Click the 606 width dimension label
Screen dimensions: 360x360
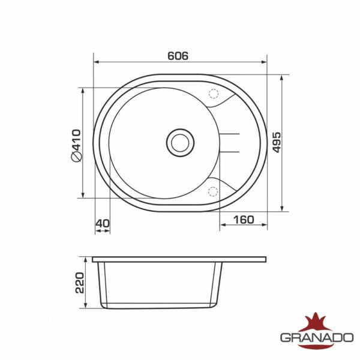[178, 56]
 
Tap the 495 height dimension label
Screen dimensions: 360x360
[277, 142]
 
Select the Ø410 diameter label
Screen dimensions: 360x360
[76, 146]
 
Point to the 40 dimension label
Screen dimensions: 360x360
[103, 223]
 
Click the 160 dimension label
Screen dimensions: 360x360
[244, 220]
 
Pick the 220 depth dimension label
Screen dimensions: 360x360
[80, 283]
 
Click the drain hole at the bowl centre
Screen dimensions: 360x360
[180, 143]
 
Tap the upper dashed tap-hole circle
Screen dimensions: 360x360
[213, 94]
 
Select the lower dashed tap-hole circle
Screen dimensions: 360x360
[213, 191]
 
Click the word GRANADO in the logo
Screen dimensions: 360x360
[317, 338]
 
